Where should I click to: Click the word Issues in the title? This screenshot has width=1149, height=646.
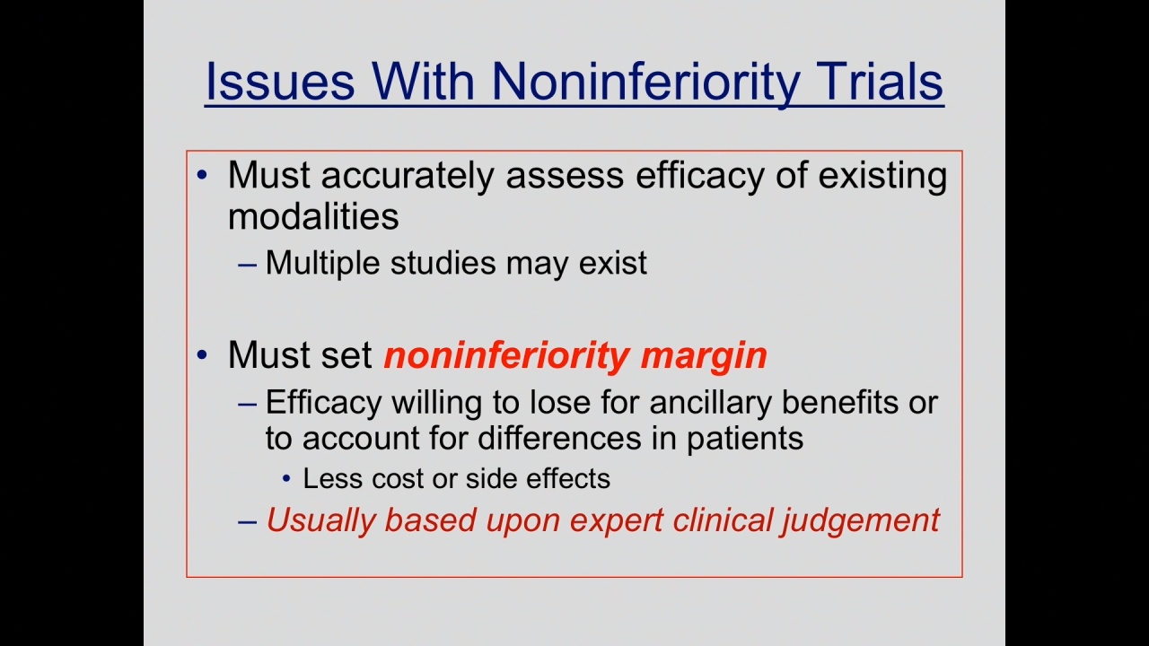[280, 82]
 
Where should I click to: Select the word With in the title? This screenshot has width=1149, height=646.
[423, 82]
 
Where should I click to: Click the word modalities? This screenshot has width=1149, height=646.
[313, 216]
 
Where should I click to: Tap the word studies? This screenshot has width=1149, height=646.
[443, 263]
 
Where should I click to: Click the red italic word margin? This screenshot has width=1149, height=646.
[704, 357]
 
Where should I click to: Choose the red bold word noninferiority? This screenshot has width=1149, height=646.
[506, 357]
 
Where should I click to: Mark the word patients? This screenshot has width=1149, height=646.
[745, 440]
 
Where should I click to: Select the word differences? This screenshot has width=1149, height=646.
[559, 438]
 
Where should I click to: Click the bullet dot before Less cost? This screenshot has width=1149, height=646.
[286, 479]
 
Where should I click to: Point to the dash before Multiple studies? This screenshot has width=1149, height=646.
[247, 265]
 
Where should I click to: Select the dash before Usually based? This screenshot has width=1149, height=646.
[247, 522]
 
